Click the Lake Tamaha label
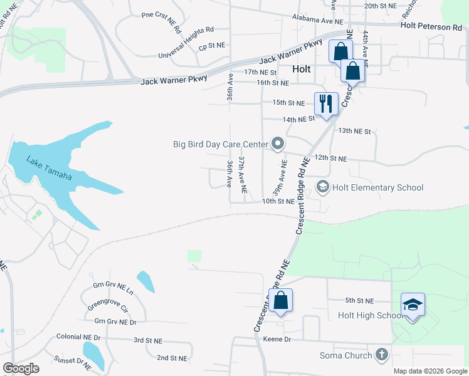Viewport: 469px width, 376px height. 49,169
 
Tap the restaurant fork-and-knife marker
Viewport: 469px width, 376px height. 325,103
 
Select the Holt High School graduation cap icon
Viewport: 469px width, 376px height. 413,305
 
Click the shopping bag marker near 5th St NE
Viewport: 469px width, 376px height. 281,300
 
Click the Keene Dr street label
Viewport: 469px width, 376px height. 278,339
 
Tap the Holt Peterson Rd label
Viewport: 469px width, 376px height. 431,27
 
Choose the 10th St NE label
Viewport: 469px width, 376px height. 278,201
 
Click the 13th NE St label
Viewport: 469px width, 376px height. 355,131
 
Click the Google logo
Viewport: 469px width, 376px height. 21,368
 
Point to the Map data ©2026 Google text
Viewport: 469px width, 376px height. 429,371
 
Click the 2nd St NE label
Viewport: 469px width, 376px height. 172,358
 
